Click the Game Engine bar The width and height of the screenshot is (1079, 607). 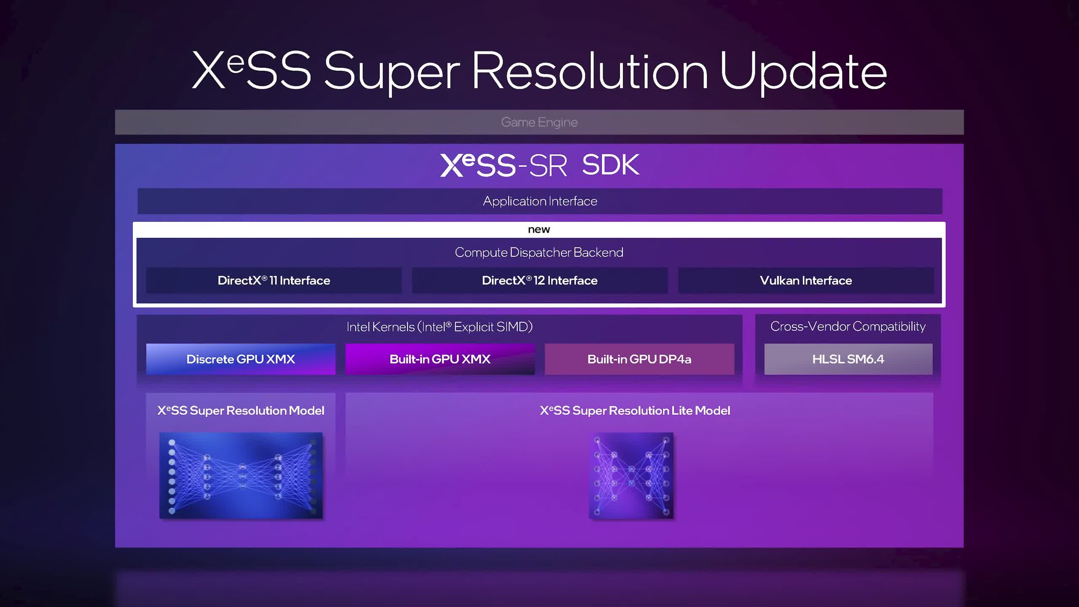[539, 122]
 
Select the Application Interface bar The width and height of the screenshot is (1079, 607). [539, 201]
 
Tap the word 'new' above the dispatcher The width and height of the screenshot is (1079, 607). [539, 229]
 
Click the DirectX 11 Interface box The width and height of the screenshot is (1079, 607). [274, 280]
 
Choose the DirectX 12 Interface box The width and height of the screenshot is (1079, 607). [539, 280]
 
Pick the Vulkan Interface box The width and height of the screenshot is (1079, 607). [806, 280]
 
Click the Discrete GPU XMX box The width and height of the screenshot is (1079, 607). [241, 359]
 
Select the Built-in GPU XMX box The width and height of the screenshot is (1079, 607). [440, 359]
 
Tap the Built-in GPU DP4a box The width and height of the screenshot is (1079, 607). [639, 359]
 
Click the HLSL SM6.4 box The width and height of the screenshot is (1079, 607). [848, 359]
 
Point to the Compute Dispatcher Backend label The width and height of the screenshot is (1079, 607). [539, 252]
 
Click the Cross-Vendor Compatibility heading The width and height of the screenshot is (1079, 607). [848, 326]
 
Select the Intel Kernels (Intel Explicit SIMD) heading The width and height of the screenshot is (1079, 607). [440, 327]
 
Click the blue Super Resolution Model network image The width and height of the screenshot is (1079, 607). [241, 475]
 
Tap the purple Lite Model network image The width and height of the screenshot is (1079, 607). [631, 475]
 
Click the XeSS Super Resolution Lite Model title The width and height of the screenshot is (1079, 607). [635, 411]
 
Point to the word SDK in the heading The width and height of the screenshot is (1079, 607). [611, 165]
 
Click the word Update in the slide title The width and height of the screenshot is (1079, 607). [803, 72]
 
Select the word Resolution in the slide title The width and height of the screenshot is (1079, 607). [590, 71]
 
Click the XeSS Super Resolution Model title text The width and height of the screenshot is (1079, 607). [241, 411]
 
